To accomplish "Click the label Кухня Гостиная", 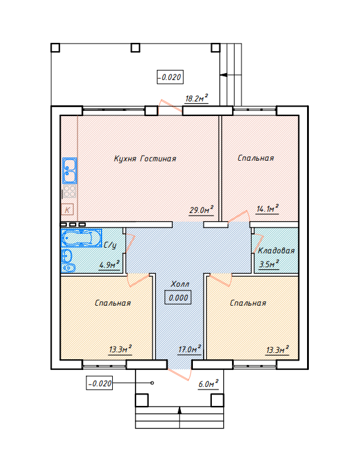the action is pos(145,159).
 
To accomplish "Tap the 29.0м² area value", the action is pos(201,209).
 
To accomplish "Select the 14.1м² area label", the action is pos(267,209).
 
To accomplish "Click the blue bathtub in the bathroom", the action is pos(81,238).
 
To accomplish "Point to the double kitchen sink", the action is pos(69,171).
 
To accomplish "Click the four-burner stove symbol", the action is pos(69,192).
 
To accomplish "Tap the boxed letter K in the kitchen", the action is pos(67,210).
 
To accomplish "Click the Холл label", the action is pos(180,284).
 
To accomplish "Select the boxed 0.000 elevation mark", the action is pos(178,297).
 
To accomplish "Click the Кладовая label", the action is pos(276,250).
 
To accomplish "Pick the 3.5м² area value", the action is pos(269,264).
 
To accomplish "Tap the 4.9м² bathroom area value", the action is pos(109,264).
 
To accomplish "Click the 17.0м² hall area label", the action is pos(190,349).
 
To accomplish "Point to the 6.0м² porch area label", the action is pos(209,384).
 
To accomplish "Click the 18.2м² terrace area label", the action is pos(197,98).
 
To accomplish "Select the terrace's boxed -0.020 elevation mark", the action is pos(170,77).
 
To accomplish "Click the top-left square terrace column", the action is pos(55,48).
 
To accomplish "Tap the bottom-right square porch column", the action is pos(218,400).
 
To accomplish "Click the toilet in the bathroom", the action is pos(68,268).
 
